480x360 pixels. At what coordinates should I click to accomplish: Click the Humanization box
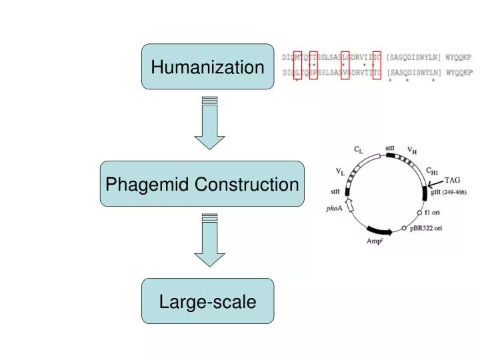coord(207,67)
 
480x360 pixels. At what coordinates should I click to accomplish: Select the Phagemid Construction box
coord(202,184)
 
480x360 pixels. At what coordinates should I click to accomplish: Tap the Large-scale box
coord(207,301)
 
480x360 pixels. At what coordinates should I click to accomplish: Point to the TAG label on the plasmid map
coord(453,179)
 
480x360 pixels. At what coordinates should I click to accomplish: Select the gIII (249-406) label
coord(449,192)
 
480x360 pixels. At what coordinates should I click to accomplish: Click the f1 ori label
coord(433,213)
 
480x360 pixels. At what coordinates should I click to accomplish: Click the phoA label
coord(334,208)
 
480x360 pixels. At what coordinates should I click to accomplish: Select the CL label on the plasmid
coord(358,151)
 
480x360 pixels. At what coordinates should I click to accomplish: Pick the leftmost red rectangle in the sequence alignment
coord(297,65)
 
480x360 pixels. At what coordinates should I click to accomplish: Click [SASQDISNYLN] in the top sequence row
coord(415,57)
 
